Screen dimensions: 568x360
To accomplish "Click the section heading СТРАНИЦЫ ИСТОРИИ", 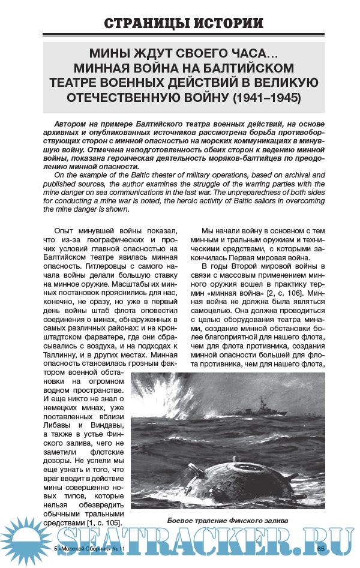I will point(183,23).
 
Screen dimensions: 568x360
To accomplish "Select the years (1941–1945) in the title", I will point(266,97).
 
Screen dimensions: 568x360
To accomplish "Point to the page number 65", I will point(320,549).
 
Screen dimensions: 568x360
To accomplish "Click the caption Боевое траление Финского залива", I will point(229,520).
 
